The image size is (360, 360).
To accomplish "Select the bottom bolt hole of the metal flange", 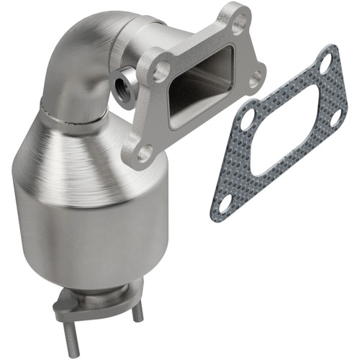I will (x=144, y=153).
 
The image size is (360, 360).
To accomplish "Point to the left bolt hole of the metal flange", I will (x=159, y=70).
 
